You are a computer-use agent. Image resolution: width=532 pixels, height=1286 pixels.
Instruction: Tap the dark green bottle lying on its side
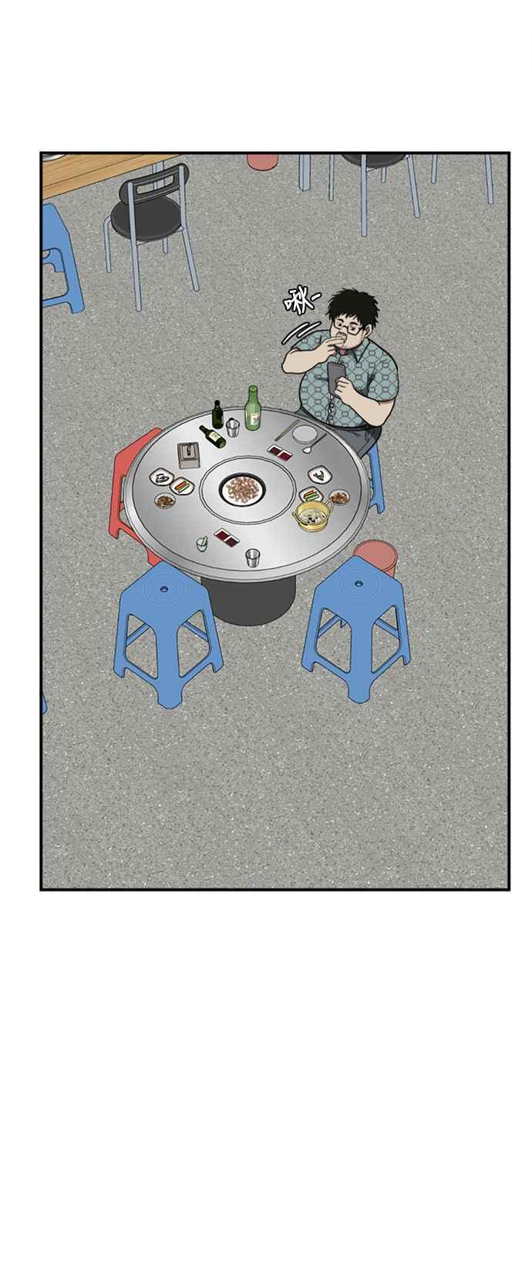(212, 436)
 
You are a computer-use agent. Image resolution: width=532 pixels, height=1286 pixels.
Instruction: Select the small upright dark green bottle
(217, 415)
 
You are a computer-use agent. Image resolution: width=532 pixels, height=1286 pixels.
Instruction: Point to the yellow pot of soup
(313, 514)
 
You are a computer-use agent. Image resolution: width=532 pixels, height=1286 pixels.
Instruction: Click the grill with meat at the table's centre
(242, 490)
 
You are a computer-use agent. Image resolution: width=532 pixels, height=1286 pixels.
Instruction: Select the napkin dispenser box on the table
(189, 456)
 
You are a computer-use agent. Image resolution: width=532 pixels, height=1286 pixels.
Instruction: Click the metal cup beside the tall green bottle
(232, 428)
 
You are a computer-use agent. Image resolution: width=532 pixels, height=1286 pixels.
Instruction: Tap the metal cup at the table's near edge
(253, 557)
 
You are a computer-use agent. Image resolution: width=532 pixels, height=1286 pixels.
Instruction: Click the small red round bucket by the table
(376, 554)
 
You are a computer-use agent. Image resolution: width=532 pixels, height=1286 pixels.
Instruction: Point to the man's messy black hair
(352, 307)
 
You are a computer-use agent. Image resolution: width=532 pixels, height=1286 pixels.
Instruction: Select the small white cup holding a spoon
(202, 543)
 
